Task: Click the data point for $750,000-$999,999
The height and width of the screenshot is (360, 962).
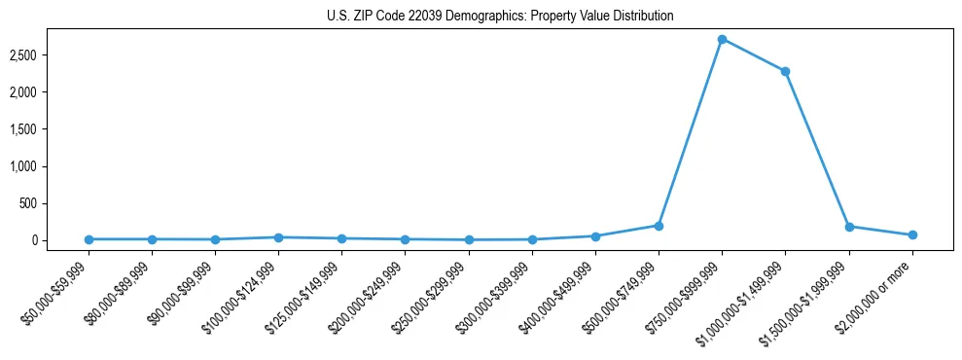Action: [722, 39]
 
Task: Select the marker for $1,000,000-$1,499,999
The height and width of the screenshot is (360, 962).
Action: [785, 71]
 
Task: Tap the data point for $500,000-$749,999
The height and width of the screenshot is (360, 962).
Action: [659, 226]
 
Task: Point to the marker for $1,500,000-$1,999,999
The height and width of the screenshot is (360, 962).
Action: [849, 227]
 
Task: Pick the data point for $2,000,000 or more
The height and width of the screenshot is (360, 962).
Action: [912, 234]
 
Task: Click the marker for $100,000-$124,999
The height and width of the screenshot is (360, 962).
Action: [278, 237]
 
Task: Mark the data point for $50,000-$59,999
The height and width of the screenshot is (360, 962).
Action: [89, 239]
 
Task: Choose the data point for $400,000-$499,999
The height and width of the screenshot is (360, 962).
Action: [595, 236]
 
